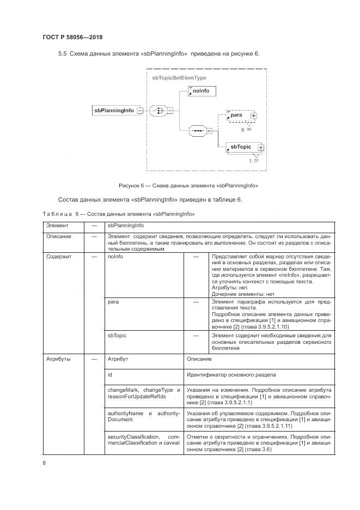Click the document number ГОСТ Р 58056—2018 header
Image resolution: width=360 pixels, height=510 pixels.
pos(72,37)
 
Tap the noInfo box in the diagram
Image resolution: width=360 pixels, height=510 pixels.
pos(202,91)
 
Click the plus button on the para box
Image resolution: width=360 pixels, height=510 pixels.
pos(253,116)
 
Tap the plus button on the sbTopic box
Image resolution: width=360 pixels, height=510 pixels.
pos(260,147)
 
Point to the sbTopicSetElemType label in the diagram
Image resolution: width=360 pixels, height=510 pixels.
pos(175,78)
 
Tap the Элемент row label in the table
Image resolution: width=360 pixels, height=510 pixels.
pos(57,225)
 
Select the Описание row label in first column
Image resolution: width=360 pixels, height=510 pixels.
pos(59,236)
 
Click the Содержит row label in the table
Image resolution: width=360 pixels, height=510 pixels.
pos(59,257)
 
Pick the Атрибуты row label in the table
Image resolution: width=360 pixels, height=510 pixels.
pos(59,360)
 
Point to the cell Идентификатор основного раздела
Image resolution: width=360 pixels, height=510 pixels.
pos(231,374)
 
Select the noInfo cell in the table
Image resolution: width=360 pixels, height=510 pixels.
pos(115,257)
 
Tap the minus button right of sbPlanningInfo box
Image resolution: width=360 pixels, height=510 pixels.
pos(140,110)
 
